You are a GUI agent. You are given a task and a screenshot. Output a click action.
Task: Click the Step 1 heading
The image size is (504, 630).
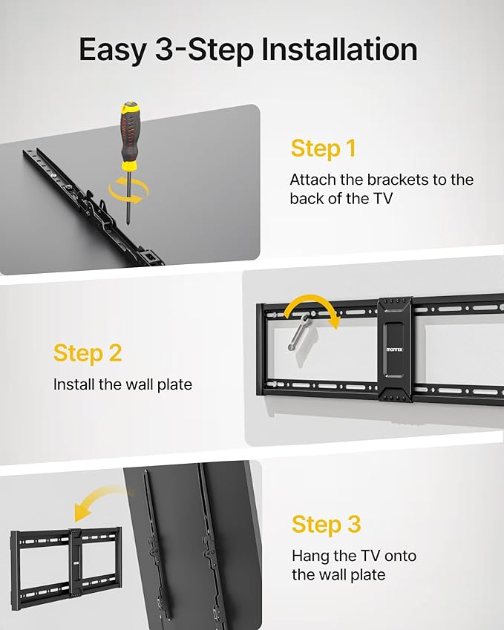click(x=323, y=148)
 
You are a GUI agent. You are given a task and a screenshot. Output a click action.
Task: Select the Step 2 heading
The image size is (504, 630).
click(x=88, y=352)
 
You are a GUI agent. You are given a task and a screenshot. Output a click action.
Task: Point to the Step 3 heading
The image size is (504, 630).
click(x=326, y=524)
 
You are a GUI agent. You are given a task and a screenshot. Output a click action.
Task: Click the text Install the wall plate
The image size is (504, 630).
click(x=122, y=384)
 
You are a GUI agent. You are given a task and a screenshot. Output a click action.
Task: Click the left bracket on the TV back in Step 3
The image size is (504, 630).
click(x=152, y=549)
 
